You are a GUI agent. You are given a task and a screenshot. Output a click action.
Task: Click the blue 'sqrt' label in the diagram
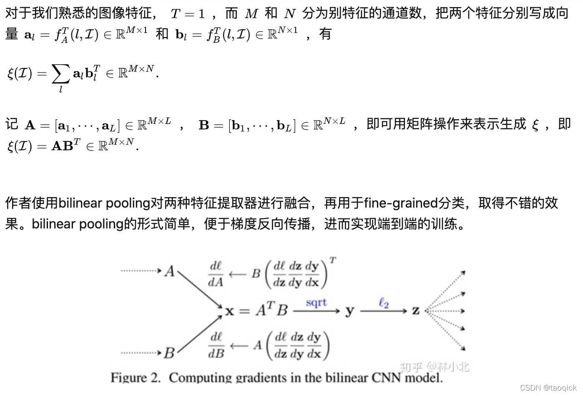click(316, 302)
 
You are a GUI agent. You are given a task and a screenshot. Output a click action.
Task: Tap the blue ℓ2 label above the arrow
click(384, 303)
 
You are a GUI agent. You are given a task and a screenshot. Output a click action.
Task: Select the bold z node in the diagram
click(416, 311)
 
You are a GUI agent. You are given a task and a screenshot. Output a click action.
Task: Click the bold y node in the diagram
click(349, 311)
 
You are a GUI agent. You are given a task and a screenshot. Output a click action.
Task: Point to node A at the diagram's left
click(170, 271)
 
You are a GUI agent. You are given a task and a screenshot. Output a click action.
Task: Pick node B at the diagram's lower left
click(169, 353)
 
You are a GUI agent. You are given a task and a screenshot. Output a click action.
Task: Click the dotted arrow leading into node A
click(141, 271)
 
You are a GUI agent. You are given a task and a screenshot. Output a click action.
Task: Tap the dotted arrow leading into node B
click(141, 353)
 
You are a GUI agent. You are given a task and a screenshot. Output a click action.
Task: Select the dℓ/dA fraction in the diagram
click(216, 274)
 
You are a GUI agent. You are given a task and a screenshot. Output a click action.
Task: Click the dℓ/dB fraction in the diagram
click(216, 345)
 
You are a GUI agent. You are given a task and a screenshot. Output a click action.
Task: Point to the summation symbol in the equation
click(60, 74)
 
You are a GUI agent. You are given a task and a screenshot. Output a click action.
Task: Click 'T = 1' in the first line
click(188, 14)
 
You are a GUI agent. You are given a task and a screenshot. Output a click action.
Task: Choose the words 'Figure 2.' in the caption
click(135, 378)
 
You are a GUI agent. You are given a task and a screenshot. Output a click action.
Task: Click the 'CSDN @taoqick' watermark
click(548, 388)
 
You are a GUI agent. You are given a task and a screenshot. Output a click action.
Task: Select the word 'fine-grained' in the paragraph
click(401, 203)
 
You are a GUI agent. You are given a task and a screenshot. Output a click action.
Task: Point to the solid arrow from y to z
click(383, 311)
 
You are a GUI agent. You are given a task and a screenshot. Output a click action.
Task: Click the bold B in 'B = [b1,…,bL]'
click(204, 125)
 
